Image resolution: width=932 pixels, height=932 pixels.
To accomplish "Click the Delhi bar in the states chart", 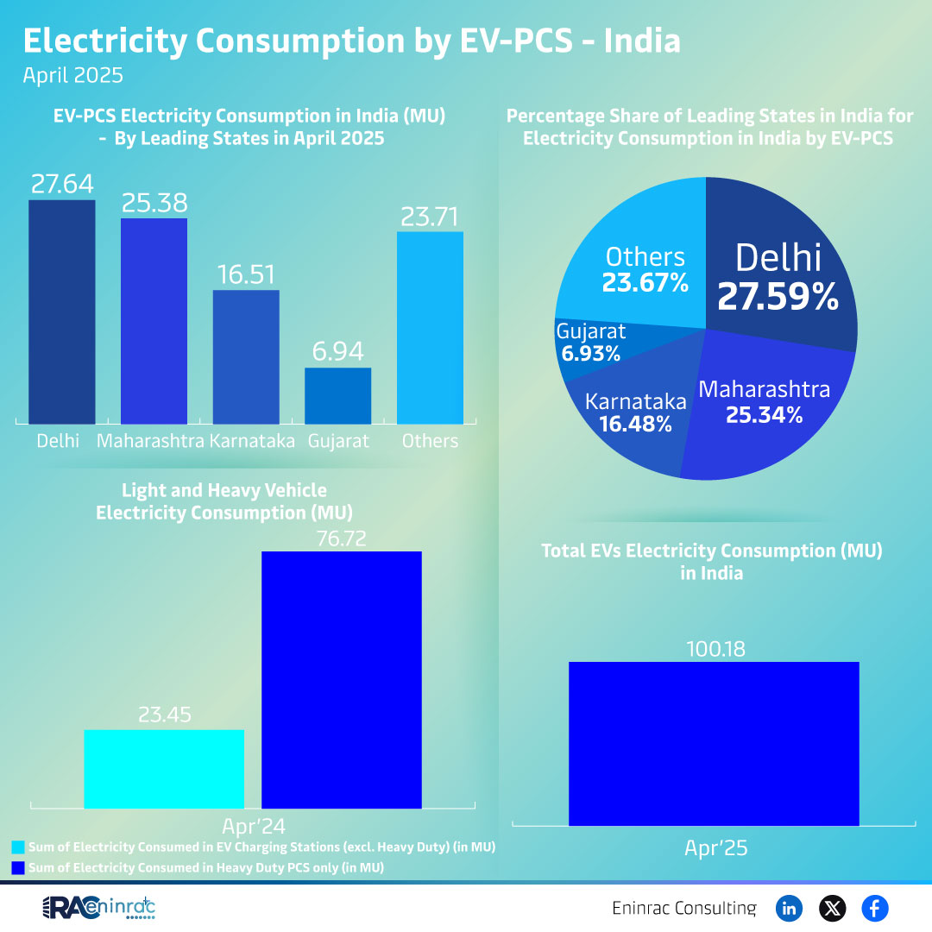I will (x=62, y=312).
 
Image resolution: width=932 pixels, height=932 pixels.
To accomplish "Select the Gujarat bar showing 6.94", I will (x=337, y=396).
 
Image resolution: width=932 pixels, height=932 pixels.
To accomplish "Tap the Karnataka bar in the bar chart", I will (x=246, y=356).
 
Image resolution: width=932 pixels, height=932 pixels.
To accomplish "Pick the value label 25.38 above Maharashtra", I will (x=154, y=203).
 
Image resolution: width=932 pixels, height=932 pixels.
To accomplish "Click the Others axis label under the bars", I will (x=430, y=441).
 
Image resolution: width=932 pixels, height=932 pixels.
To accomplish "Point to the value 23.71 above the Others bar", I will (x=430, y=216).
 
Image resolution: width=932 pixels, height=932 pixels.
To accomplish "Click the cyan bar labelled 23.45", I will (x=164, y=769).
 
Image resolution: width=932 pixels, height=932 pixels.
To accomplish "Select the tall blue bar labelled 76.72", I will (x=342, y=680).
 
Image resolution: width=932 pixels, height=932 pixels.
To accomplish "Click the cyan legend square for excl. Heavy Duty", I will (x=18, y=847).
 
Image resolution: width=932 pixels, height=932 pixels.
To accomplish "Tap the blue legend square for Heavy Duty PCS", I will (x=18, y=867).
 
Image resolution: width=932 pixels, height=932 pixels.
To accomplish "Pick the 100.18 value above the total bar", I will (x=714, y=647).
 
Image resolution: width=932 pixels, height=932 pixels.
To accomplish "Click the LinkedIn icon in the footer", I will (x=789, y=908).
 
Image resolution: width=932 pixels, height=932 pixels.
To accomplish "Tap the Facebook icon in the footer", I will (x=874, y=908).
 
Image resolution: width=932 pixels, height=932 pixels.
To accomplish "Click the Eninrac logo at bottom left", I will (x=98, y=908).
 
